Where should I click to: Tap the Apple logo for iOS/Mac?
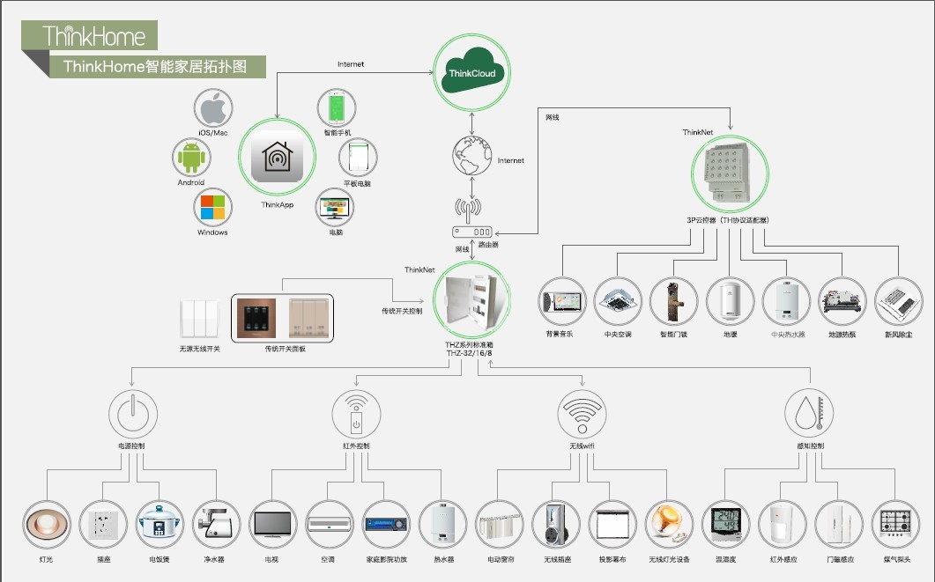[x=213, y=110]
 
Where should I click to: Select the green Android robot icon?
[x=190, y=159]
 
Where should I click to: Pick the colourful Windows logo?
[x=212, y=208]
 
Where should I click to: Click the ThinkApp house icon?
[x=277, y=158]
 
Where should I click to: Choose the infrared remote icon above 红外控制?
[x=356, y=412]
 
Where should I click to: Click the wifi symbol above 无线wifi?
[x=583, y=412]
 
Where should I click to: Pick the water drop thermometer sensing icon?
[x=808, y=412]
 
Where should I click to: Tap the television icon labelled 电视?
[x=272, y=524]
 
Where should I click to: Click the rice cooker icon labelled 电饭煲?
[x=160, y=524]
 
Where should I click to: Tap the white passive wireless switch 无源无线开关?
[x=199, y=320]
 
